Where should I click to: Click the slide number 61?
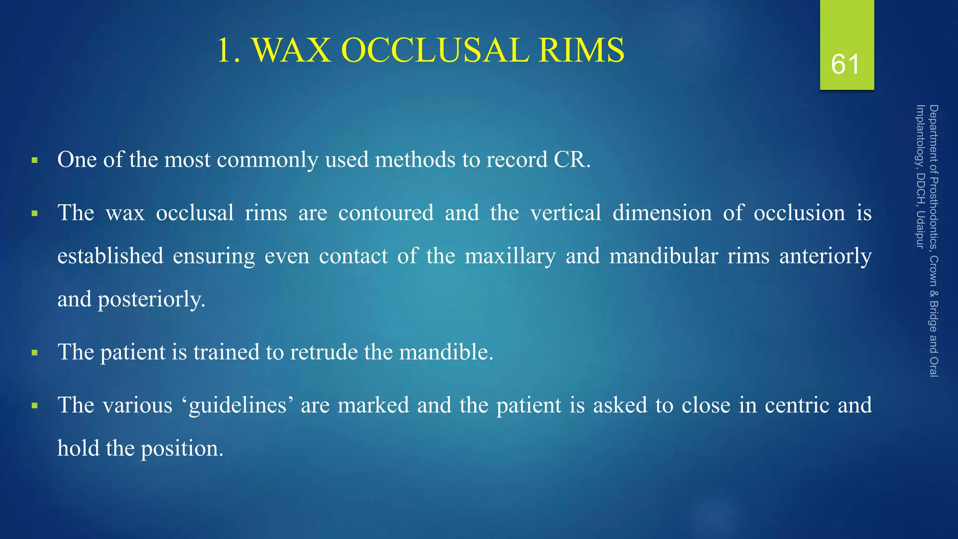tap(845, 64)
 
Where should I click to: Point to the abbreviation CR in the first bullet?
tap(570, 160)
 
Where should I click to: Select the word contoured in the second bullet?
tap(386, 213)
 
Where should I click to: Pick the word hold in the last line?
tap(78, 448)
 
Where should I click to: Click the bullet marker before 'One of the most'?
tap(35, 160)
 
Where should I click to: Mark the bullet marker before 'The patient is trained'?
tap(35, 353)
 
